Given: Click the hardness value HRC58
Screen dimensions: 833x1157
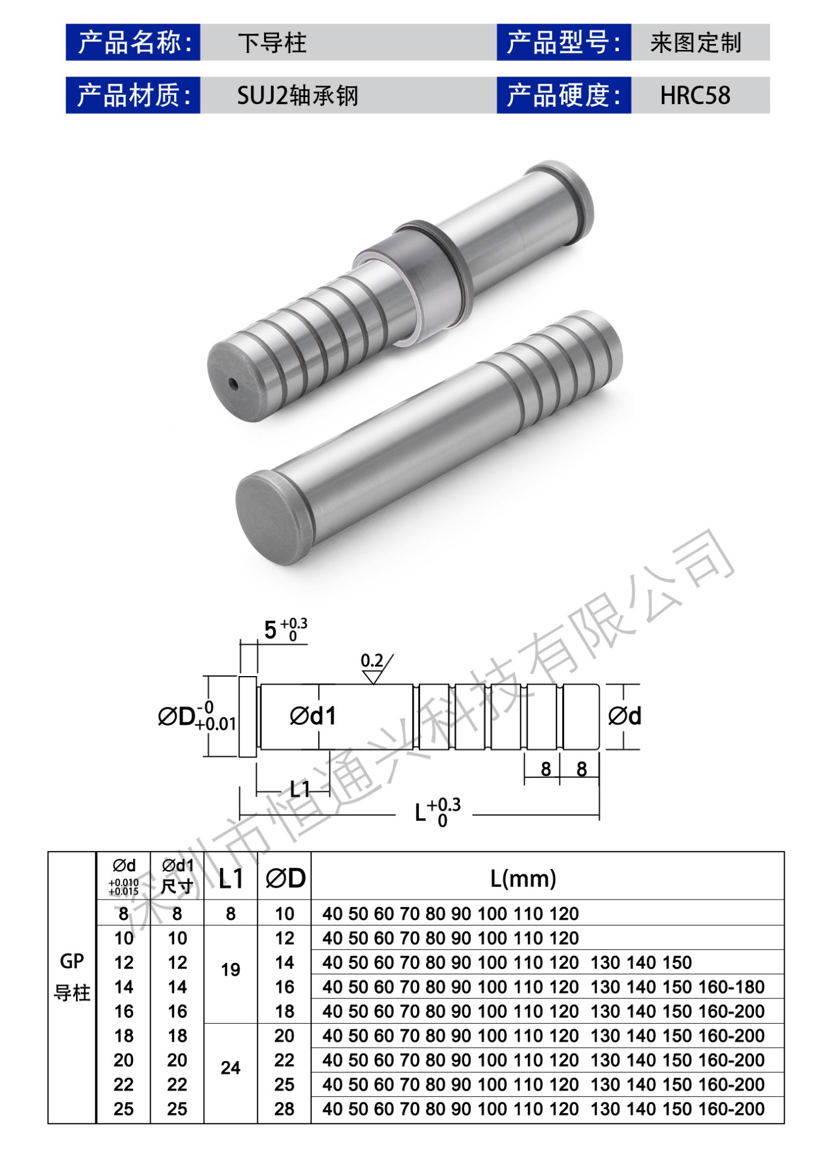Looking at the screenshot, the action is click(695, 95).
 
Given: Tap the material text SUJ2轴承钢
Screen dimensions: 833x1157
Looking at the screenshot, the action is click(298, 95).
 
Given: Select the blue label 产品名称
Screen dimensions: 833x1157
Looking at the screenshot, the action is click(133, 42).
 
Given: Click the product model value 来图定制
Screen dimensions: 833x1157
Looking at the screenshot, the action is click(696, 43).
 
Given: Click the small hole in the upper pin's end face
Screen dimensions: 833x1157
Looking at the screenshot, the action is click(233, 383).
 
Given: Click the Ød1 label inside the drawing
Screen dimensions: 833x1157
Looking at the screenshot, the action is click(313, 716).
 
